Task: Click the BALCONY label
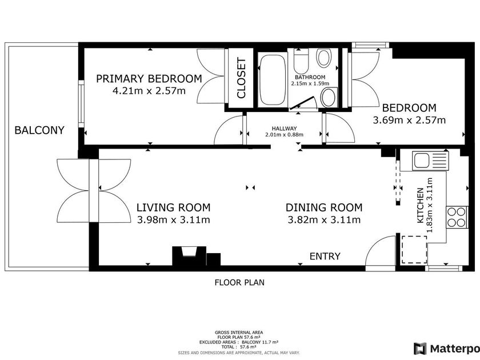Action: tap(39, 130)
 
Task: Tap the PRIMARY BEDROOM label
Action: tap(149, 79)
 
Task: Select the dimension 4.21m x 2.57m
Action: tap(149, 91)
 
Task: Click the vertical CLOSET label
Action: tap(241, 78)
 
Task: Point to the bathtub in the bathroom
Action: tap(273, 80)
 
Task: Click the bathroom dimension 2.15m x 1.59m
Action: tap(310, 83)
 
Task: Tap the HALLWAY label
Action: tap(285, 129)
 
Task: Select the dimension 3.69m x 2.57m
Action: tap(409, 120)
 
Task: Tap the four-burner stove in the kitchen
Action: tap(457, 217)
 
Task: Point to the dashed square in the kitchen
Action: tap(414, 249)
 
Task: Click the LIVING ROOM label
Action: tap(173, 207)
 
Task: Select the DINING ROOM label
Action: tap(324, 207)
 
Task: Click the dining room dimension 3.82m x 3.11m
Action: tap(324, 220)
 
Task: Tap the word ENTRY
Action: tap(325, 256)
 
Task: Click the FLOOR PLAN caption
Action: tap(239, 282)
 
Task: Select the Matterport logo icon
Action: tap(420, 349)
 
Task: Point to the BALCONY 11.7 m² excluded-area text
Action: tap(260, 342)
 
